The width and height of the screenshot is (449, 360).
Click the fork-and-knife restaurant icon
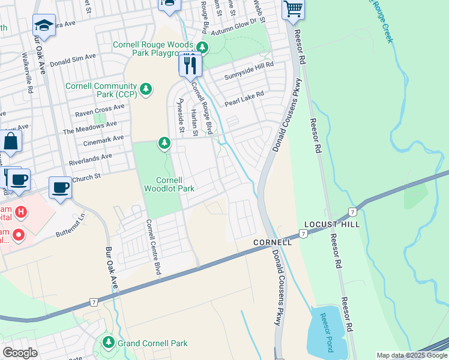click(x=190, y=64)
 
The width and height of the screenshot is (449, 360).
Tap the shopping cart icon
click(x=293, y=9)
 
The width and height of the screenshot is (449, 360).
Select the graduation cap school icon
click(x=43, y=26)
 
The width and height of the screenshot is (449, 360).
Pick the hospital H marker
click(x=21, y=212)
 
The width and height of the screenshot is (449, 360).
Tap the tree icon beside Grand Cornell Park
click(x=109, y=343)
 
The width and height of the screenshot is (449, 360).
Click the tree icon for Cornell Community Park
click(x=145, y=89)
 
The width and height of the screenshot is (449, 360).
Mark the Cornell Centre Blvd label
click(x=153, y=247)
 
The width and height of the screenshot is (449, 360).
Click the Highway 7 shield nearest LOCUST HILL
click(x=351, y=213)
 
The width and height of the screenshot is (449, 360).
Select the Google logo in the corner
click(x=20, y=353)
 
